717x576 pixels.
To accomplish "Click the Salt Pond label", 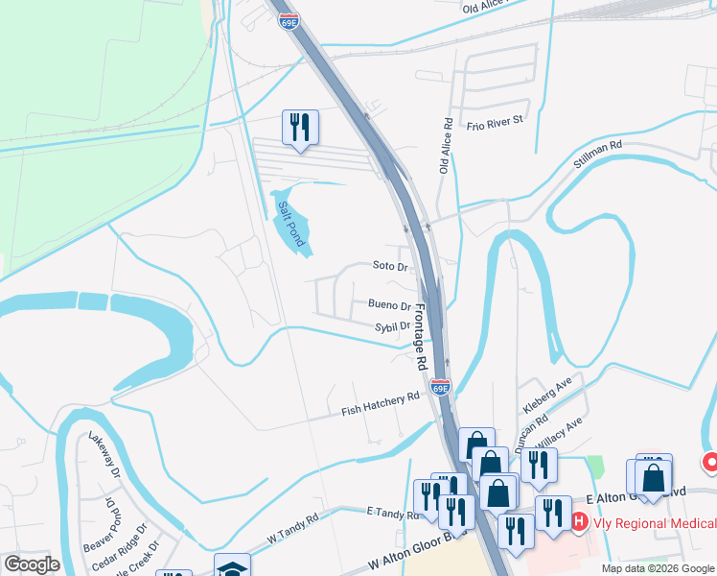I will click(290, 223).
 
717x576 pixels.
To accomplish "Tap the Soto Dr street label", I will click(391, 265).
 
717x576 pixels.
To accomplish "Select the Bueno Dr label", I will click(389, 306).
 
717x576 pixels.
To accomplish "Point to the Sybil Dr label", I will click(391, 326).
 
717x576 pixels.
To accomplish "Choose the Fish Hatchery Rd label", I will click(382, 404).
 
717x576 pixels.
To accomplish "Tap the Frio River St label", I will click(494, 122).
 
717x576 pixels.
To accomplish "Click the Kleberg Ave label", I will click(547, 395).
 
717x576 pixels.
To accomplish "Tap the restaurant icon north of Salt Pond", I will click(300, 128).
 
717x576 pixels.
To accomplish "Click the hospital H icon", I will click(579, 522).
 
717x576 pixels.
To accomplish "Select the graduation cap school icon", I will click(232, 567).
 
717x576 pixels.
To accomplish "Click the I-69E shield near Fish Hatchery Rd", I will click(440, 388).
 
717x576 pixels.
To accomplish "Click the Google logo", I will click(33, 565).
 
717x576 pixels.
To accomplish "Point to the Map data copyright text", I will click(658, 568).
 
